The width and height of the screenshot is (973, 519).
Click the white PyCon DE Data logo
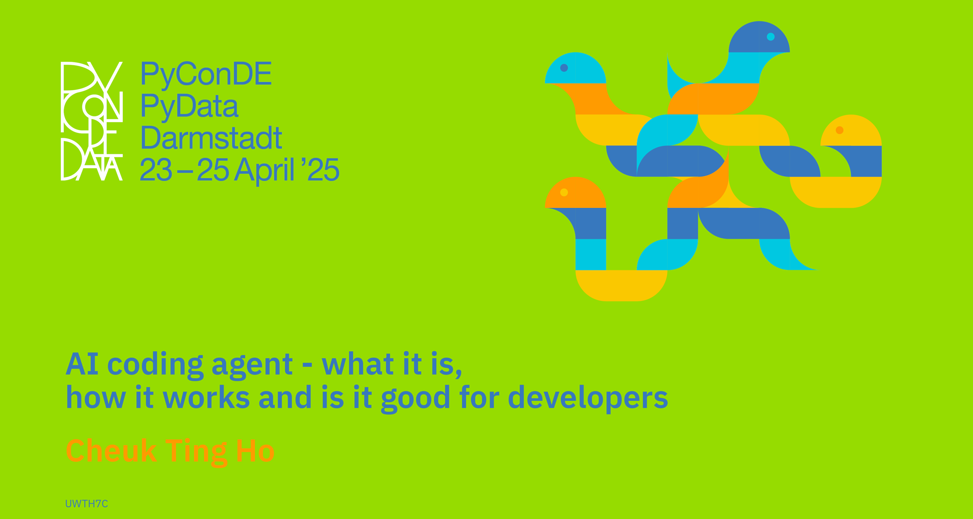click(92, 121)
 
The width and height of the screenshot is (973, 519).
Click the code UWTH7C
click(86, 504)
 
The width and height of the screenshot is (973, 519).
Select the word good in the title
click(415, 399)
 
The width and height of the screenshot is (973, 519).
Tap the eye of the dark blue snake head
click(771, 37)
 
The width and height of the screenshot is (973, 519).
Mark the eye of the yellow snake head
click(840, 130)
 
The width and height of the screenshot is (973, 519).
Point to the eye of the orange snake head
click(564, 192)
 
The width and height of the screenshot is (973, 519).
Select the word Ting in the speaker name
click(196, 452)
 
